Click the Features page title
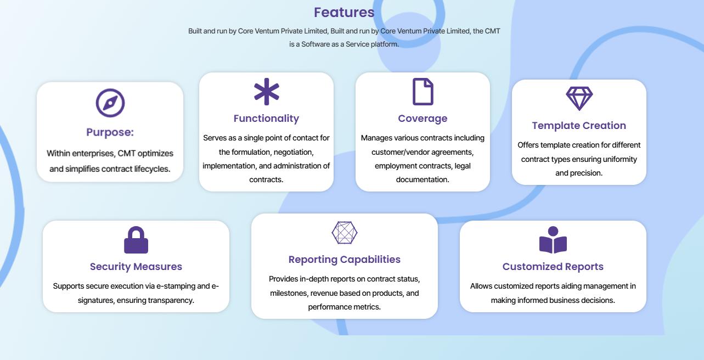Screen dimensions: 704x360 (x=344, y=13)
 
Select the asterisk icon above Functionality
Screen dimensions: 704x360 (x=267, y=92)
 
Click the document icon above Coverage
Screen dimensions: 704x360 (x=423, y=92)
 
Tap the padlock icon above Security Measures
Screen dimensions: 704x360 (x=136, y=240)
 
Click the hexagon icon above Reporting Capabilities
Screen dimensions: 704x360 (x=345, y=233)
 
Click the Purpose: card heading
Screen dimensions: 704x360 (x=110, y=132)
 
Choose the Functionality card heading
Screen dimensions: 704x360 (x=266, y=119)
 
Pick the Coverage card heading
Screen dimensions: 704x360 (x=423, y=119)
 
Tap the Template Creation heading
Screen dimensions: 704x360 (x=579, y=126)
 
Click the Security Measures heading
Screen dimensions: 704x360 (x=136, y=267)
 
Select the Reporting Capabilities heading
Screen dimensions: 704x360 (x=345, y=260)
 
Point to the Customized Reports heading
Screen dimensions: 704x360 (x=553, y=267)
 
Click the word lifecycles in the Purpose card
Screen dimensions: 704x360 (x=152, y=169)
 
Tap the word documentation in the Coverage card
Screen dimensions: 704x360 (x=423, y=179)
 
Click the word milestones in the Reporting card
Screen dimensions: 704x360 (x=290, y=294)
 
